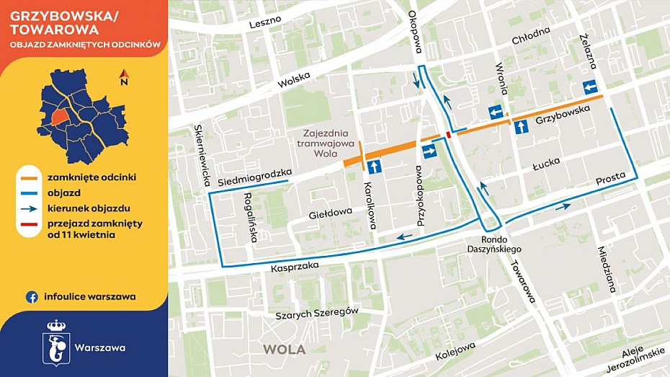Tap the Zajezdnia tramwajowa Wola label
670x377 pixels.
pos(325,143)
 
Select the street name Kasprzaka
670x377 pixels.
pos(295,267)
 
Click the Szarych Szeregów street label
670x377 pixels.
pos(318,314)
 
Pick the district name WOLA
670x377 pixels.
pos(284,350)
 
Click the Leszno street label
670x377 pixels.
pos(264,23)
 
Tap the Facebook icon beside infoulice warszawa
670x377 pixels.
pos(32,296)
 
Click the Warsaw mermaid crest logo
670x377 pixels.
pos(55,340)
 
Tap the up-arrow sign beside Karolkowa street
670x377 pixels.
pos(374,167)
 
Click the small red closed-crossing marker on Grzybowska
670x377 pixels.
pos(449,134)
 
